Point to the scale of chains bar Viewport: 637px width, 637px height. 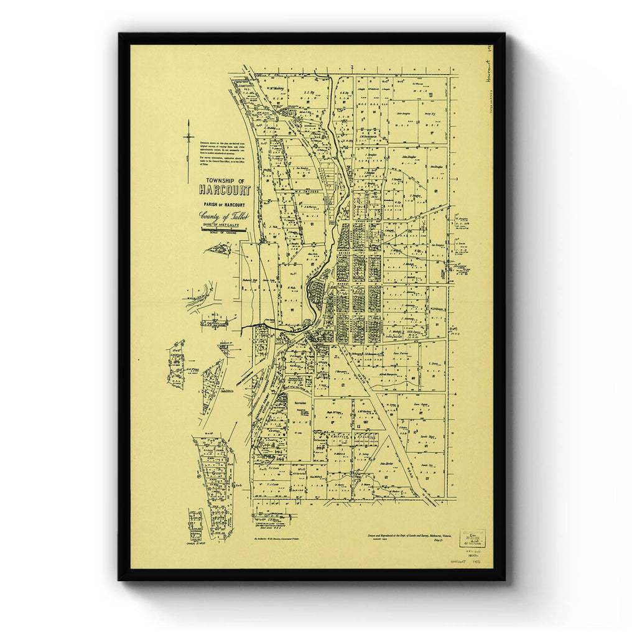224,230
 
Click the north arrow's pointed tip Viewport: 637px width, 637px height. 188,122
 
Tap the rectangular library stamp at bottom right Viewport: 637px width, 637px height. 472,538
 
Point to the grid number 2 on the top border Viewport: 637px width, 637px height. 352,67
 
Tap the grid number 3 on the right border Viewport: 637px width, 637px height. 456,179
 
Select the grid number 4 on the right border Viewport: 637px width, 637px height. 456,393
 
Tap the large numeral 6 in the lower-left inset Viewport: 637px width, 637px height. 213,472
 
